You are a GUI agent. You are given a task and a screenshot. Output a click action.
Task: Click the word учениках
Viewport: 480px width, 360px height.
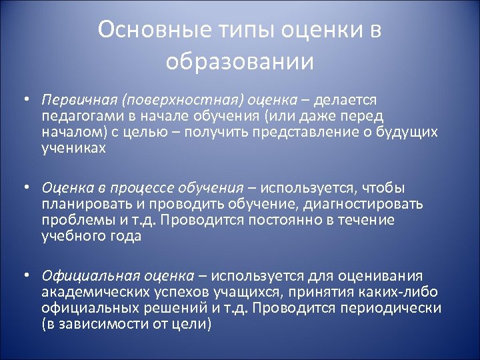coord(73,147)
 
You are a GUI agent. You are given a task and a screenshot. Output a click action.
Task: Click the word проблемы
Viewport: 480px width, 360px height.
coord(72,220)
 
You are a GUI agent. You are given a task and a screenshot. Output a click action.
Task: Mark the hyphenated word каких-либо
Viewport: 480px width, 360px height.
coord(392,292)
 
